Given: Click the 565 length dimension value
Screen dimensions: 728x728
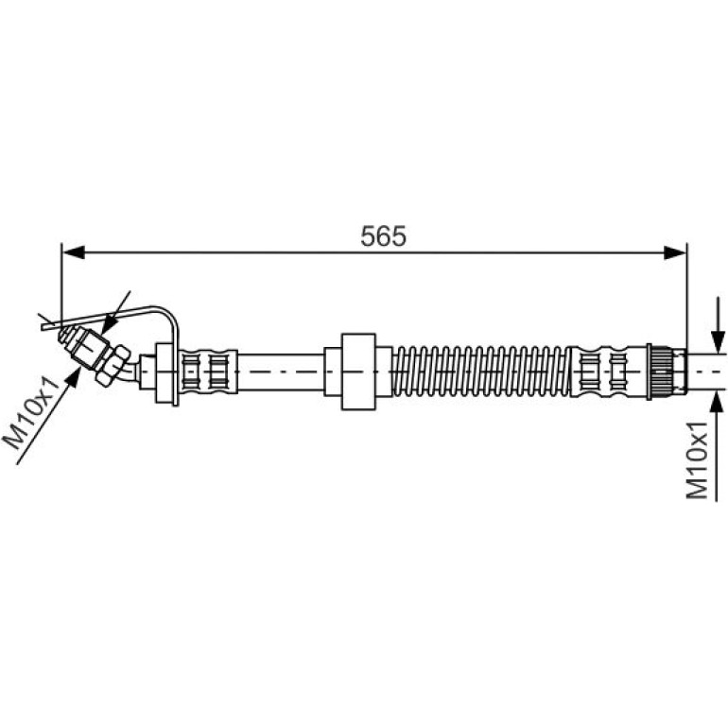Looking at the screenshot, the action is [383, 235].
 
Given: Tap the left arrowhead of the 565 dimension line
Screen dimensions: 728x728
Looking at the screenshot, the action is [74, 253].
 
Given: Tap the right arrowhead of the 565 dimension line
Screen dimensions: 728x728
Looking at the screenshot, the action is [675, 253].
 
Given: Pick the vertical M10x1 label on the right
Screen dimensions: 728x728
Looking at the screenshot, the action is [698, 460].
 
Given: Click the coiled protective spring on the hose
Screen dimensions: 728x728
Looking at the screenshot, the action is [481, 372].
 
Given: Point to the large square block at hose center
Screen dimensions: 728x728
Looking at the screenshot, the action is [358, 372].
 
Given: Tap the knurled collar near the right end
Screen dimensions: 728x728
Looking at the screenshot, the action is [659, 372].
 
